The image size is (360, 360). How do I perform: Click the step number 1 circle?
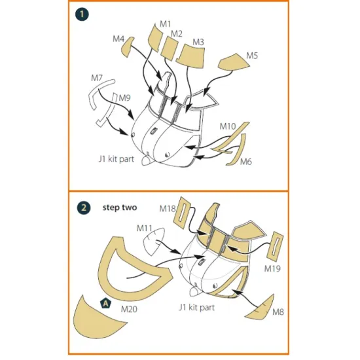tap(82, 14)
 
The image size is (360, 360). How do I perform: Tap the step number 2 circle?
tap(84, 207)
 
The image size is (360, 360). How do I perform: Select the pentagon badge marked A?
tap(105, 303)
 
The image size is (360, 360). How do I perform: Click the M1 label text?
tap(166, 24)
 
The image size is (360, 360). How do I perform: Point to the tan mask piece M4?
tap(127, 46)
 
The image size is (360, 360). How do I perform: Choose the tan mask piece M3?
tap(191, 56)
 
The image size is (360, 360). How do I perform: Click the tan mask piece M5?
tap(234, 62)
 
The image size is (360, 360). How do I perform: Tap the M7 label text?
tap(97, 78)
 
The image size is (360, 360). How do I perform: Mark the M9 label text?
tap(124, 98)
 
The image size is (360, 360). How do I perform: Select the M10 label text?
tap(228, 126)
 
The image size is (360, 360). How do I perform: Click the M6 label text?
tap(246, 162)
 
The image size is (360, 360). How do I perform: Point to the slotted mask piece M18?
tap(183, 212)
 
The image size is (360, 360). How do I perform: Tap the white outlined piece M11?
tap(153, 242)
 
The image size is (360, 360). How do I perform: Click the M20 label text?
tap(129, 309)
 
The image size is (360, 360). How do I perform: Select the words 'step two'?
tap(120, 207)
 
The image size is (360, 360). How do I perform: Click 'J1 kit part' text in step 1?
tap(117, 159)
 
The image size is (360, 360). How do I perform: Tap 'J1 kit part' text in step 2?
tap(197, 307)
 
